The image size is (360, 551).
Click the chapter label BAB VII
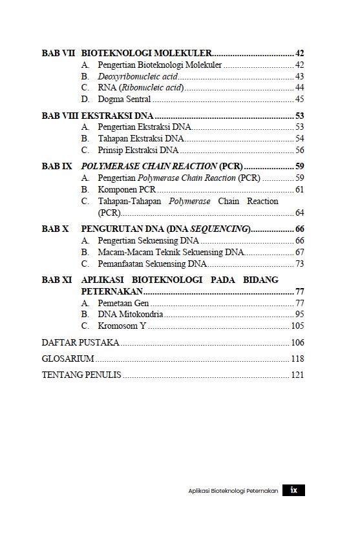tap(59, 53)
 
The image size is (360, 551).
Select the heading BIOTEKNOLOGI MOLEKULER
tap(147, 53)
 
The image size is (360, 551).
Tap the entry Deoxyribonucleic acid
tap(138, 76)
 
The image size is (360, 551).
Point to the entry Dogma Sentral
tap(124, 99)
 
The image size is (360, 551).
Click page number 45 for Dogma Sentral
tap(299, 99)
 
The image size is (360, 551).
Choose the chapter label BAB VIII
tap(60, 116)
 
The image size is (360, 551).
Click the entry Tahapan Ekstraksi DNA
tap(141, 138)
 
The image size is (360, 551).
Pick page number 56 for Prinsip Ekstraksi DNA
tap(299, 150)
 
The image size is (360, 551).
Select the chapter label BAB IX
tap(57, 166)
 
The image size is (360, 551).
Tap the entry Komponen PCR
tap(127, 189)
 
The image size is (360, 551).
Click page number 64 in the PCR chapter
tap(299, 213)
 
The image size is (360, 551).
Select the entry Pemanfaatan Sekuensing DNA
tap(152, 264)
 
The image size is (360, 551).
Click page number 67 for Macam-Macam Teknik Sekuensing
tap(299, 252)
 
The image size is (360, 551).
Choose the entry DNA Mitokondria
tap(130, 314)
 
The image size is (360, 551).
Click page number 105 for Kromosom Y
tap(297, 326)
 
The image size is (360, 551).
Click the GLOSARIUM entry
tap(68, 359)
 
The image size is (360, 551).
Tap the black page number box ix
tap(293, 490)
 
